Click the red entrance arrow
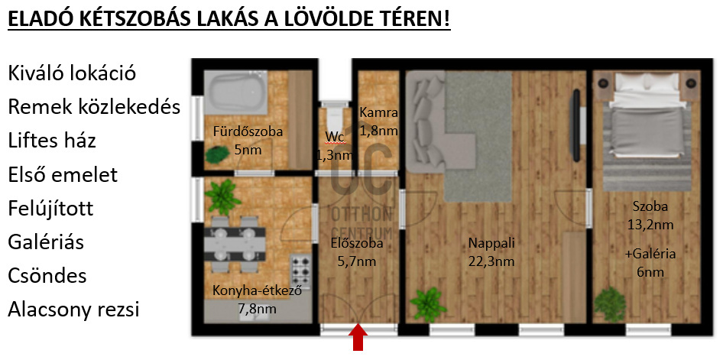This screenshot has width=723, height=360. point(359,338)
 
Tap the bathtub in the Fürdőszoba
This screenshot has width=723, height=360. point(236,92)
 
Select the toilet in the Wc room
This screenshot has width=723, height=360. point(336,115)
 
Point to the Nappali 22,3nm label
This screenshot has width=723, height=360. point(491,252)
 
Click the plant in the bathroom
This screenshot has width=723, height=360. point(217,154)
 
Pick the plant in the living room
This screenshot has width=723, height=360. point(427,303)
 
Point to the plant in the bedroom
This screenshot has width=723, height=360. point(609,303)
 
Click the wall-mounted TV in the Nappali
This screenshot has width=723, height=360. point(575,125)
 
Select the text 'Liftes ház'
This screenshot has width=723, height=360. point(52,141)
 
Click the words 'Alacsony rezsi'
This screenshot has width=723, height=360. point(74,310)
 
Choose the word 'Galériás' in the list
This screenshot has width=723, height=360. point(46,242)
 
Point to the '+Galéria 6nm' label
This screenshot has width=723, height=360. point(650,263)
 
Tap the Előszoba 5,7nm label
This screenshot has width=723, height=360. point(357,252)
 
